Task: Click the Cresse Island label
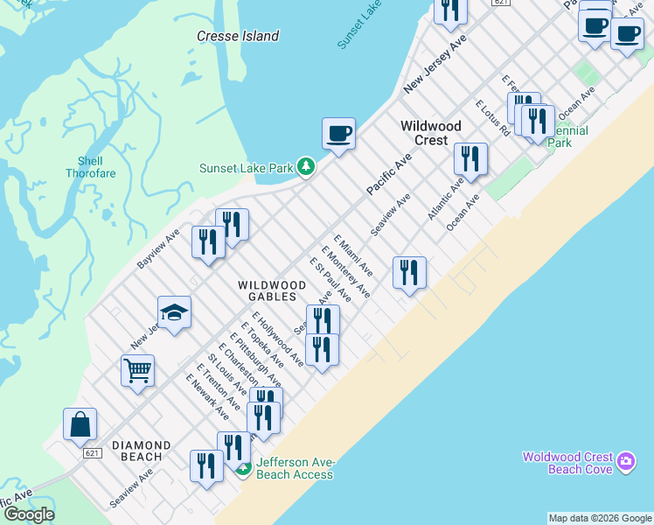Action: (238, 36)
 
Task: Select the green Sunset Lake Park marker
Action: (305, 166)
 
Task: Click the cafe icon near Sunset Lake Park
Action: (338, 135)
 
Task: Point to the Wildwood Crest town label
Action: (430, 133)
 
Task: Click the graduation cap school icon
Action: (174, 313)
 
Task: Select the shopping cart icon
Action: (137, 371)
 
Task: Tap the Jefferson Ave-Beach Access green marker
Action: (244, 468)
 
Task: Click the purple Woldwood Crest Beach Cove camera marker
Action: (625, 460)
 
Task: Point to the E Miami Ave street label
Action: (353, 255)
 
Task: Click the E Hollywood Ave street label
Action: (277, 339)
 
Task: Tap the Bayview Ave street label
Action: (158, 249)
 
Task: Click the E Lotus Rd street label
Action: (492, 118)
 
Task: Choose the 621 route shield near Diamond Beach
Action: (93, 453)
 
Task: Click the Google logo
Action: (29, 514)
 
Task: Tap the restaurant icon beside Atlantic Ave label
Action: (470, 159)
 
